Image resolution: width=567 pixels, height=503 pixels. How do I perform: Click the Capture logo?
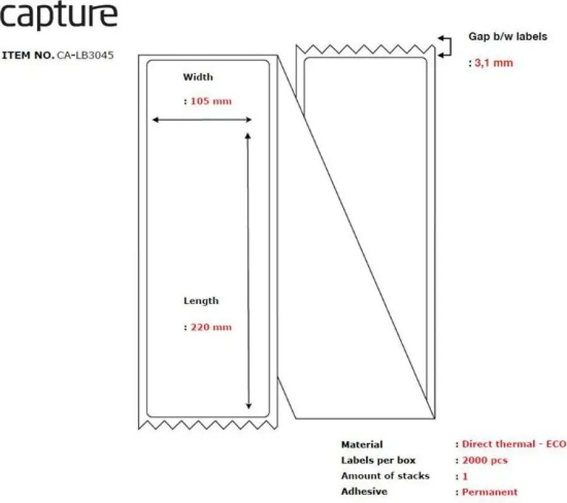pyautogui.click(x=59, y=15)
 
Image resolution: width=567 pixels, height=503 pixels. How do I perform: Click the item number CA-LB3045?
pyautogui.click(x=85, y=55)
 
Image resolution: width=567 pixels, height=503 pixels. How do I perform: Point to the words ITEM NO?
pyautogui.click(x=28, y=55)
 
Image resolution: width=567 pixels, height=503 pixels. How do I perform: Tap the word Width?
pyautogui.click(x=198, y=77)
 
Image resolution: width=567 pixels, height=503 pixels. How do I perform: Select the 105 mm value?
pyautogui.click(x=211, y=101)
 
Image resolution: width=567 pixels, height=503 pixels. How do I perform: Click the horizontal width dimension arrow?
pyautogui.click(x=202, y=120)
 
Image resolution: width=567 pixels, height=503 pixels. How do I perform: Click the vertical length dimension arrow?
pyautogui.click(x=248, y=271)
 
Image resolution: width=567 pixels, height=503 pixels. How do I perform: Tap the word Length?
pyautogui.click(x=201, y=301)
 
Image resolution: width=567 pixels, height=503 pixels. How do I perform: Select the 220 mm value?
pyautogui.click(x=211, y=327)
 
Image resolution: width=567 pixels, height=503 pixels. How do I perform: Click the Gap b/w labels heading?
pyautogui.click(x=508, y=37)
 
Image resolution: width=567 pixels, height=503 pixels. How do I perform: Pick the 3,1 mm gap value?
pyautogui.click(x=493, y=63)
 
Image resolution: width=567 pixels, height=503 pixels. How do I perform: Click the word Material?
pyautogui.click(x=362, y=444)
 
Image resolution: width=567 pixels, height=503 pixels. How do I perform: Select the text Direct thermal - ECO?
pyautogui.click(x=514, y=444)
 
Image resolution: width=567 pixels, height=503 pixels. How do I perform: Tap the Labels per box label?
pyautogui.click(x=378, y=460)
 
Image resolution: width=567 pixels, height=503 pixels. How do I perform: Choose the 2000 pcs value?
pyautogui.click(x=485, y=460)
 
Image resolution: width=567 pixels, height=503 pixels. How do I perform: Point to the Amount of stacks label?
pyautogui.click(x=385, y=476)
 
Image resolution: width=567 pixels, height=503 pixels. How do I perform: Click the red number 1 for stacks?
pyautogui.click(x=465, y=477)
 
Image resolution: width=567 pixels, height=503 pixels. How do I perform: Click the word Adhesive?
pyautogui.click(x=364, y=492)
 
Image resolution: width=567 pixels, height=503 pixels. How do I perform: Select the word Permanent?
pyautogui.click(x=490, y=492)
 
